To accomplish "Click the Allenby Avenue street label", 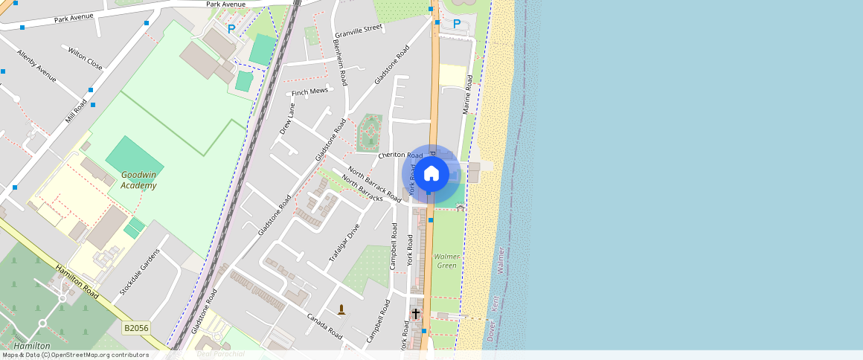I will (36, 65).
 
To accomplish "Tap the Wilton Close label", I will (86, 59).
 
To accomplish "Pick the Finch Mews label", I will (309, 92).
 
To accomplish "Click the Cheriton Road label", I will (400, 155).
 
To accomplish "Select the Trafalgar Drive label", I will (344, 242).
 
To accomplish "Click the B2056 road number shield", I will (137, 328).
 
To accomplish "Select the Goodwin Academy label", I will (138, 181).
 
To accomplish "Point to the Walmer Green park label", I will (446, 261).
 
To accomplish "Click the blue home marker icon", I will (431, 174).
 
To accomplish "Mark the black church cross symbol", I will (415, 314).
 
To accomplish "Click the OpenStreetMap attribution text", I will (75, 355).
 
